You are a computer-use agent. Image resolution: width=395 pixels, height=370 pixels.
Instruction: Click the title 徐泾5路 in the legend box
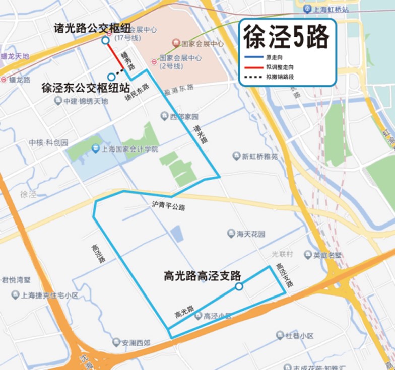tap(287, 36)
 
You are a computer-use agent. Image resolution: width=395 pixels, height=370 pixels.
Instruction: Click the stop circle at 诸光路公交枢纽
tap(105, 40)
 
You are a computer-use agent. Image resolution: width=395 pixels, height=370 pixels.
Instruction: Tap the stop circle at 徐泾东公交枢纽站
tap(111, 77)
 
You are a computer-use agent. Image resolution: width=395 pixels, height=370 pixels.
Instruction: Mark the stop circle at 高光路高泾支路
tap(239, 286)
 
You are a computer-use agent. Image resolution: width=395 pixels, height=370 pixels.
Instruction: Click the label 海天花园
tap(250, 234)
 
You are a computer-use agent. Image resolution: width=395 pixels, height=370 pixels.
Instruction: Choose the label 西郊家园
tap(183, 116)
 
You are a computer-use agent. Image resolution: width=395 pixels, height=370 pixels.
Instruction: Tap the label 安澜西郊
tap(136, 343)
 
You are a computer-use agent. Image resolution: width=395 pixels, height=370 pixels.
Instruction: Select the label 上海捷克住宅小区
tap(49, 295)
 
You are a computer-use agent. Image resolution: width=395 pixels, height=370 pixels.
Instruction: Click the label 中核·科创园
tap(48, 142)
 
